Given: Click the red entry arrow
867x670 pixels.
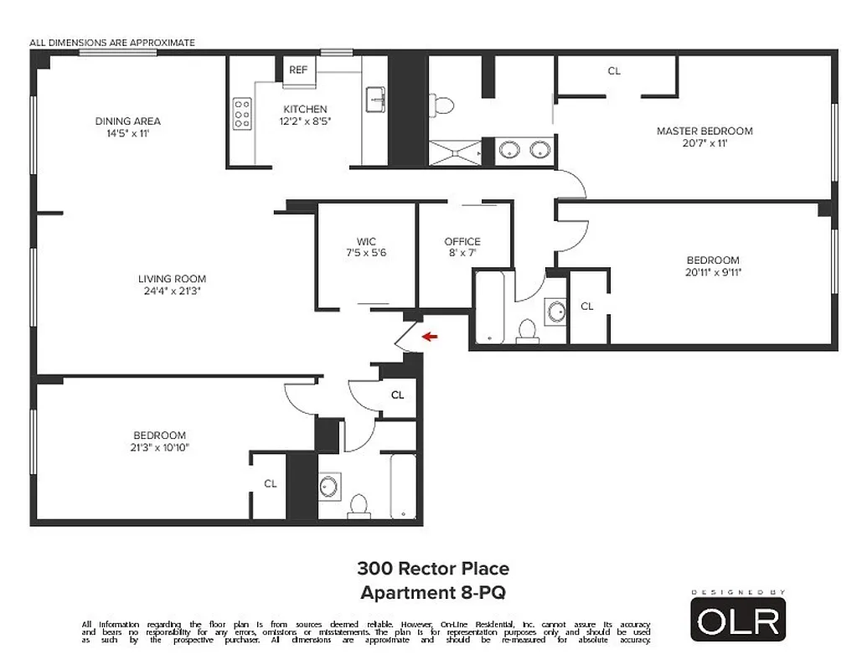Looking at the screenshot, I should coord(431,337).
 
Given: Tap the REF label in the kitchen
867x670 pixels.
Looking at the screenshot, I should coord(297,70).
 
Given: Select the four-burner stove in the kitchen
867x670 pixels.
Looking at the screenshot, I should coord(242,114).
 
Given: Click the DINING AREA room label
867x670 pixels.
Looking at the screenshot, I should coord(127,121).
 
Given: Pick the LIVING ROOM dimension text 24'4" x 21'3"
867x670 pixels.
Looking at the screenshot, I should coord(172,291).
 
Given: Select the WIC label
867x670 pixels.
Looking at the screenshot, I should coord(366,242).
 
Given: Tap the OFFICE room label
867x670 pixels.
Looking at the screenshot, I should coord(462,242).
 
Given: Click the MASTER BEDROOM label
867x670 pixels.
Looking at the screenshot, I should coord(704,131).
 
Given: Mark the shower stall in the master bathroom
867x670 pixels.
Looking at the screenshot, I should coord(457,152).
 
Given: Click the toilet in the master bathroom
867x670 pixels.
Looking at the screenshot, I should coord(442,105).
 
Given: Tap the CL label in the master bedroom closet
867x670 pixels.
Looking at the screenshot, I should coord(614,71).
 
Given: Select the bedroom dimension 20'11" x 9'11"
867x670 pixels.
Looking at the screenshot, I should coord(714,272).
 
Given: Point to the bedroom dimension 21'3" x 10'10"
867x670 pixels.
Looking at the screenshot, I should coord(159,447).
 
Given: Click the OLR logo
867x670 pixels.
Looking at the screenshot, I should coord(738,620).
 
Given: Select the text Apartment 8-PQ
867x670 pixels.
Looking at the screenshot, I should coord(433,593).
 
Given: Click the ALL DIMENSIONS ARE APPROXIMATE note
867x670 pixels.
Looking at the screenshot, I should coord(112,43).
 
